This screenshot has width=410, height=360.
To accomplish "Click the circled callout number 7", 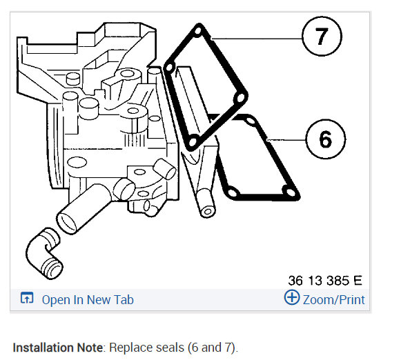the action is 322,36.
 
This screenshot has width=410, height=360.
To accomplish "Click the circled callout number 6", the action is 326,139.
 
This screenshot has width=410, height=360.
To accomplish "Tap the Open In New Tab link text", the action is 88,299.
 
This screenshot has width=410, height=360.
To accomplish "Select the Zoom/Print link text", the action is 333,299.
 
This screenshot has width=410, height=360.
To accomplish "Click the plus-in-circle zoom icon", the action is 292,297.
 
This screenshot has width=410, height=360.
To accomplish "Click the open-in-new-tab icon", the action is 27,298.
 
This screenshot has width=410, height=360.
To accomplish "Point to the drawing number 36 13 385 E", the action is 325,281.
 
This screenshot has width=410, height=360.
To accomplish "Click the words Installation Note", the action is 58,348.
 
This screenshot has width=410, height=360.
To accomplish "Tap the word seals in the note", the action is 170,348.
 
